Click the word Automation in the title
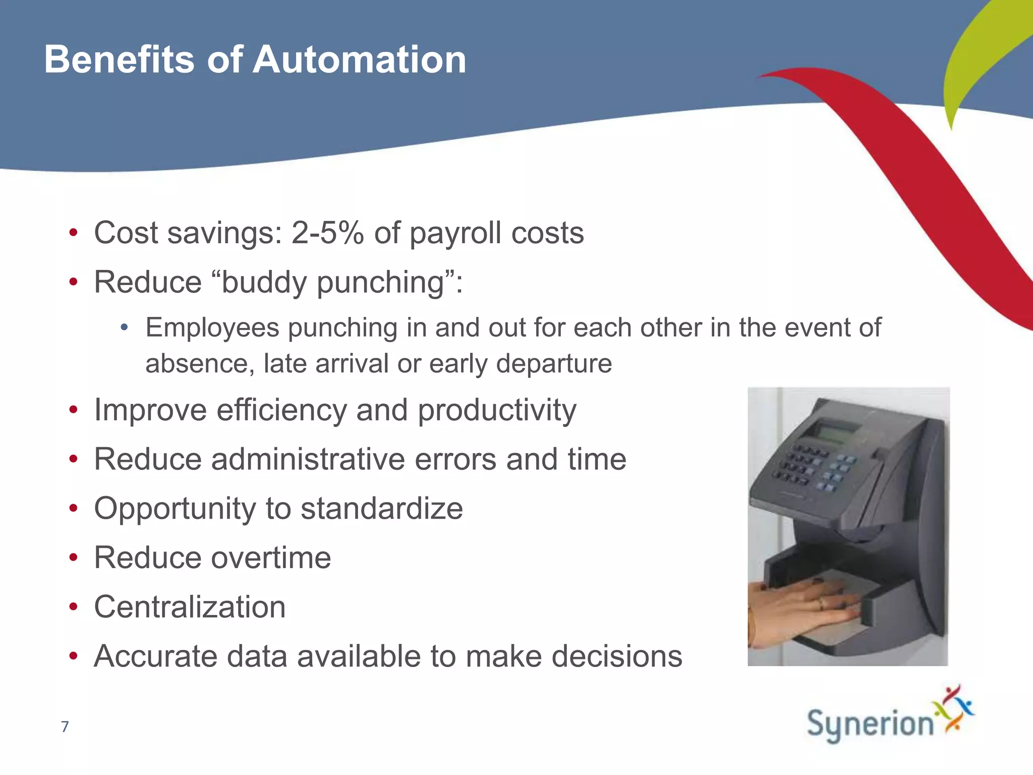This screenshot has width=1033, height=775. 359,60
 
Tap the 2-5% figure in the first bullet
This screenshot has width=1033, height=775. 327,233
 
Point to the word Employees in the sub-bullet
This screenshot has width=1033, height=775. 212,328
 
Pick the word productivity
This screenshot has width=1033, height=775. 497,410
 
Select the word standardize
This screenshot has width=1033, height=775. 381,508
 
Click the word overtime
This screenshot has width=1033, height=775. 271,558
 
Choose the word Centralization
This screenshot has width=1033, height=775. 190,606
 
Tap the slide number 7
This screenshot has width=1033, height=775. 65,727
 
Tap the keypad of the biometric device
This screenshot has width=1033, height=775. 812,467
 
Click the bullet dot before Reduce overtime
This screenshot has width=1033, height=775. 74,558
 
